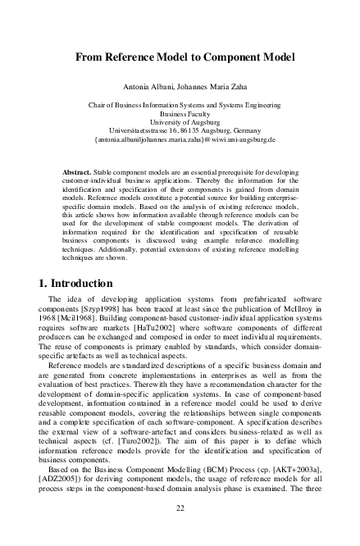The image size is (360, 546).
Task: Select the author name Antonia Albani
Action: point(148,86)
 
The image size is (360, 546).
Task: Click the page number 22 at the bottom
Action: point(180,507)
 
